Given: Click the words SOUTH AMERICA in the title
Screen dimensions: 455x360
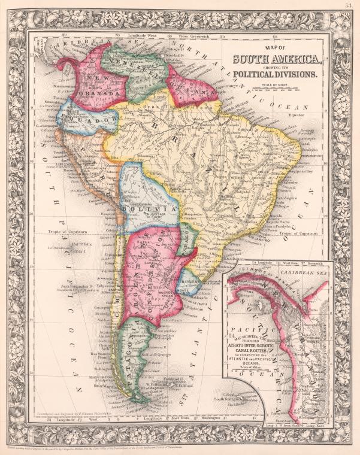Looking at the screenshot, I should coord(277,59).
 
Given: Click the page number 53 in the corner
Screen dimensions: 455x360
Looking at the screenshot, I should coord(348,5).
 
